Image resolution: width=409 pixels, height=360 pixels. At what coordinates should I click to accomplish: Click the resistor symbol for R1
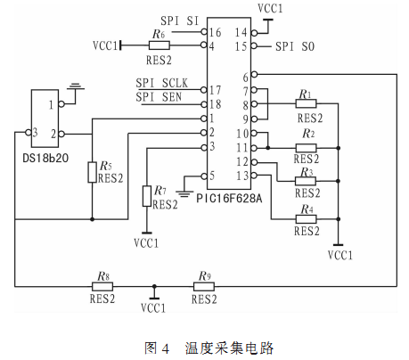click(306, 103)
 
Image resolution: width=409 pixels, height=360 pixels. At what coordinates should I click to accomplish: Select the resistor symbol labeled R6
click(160, 45)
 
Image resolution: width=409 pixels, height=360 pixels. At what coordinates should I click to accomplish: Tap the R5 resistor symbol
click(92, 172)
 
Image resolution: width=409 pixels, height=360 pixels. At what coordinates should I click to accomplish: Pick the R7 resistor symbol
click(147, 196)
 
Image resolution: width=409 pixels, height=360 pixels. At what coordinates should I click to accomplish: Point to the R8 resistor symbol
click(102, 287)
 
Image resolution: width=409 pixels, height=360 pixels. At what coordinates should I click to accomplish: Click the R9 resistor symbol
click(204, 287)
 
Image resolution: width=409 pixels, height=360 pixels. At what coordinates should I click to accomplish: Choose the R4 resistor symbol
click(306, 219)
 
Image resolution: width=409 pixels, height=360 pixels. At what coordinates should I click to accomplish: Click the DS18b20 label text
click(45, 158)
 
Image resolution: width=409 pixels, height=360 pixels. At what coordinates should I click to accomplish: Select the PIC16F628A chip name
click(229, 198)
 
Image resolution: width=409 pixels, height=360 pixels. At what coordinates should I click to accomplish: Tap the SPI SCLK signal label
click(162, 83)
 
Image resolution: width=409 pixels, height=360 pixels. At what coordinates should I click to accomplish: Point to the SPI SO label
click(295, 46)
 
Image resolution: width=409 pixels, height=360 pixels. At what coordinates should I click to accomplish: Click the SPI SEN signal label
click(159, 97)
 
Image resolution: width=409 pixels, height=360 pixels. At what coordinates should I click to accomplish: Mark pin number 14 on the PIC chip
click(241, 32)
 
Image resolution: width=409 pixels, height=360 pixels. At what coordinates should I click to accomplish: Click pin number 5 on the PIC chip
click(212, 176)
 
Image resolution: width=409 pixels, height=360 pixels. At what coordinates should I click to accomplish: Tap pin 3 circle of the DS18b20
click(29, 133)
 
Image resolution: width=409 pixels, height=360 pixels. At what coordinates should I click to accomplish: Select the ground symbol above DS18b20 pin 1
click(76, 86)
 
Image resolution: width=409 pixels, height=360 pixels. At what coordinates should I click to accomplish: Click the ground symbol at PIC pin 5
click(184, 194)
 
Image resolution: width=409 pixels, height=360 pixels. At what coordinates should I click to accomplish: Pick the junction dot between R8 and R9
click(154, 287)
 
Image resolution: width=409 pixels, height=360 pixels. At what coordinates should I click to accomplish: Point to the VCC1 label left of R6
click(105, 46)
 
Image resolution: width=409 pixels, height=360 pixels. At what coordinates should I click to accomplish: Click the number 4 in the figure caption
click(165, 348)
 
